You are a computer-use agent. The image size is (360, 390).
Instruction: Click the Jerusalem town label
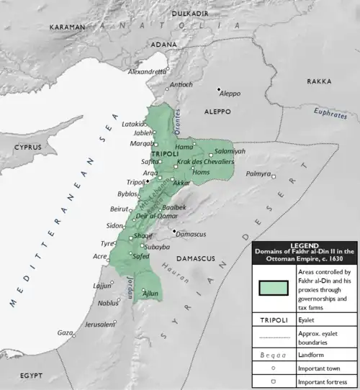point(99,325)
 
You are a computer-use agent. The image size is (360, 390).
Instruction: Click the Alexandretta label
point(145,72)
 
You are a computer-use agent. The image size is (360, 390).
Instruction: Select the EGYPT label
point(32,376)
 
